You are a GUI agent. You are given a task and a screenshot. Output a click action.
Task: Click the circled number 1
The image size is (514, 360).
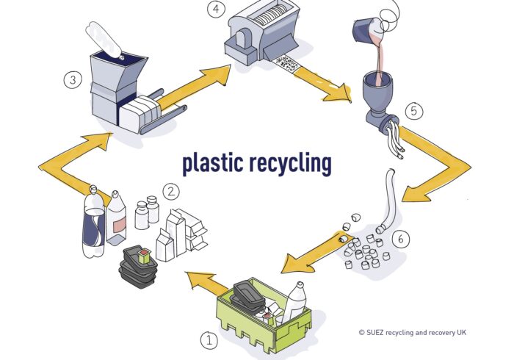click(209, 340)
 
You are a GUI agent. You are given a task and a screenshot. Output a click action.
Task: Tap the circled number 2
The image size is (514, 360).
click(170, 192)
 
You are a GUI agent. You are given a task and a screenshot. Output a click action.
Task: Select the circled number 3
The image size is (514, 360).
click(73, 79)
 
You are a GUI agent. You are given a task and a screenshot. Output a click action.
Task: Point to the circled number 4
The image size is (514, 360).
click(215, 10)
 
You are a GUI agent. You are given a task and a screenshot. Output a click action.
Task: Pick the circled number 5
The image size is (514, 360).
click(414, 111)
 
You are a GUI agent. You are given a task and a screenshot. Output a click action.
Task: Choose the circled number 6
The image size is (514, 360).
click(400, 239)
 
